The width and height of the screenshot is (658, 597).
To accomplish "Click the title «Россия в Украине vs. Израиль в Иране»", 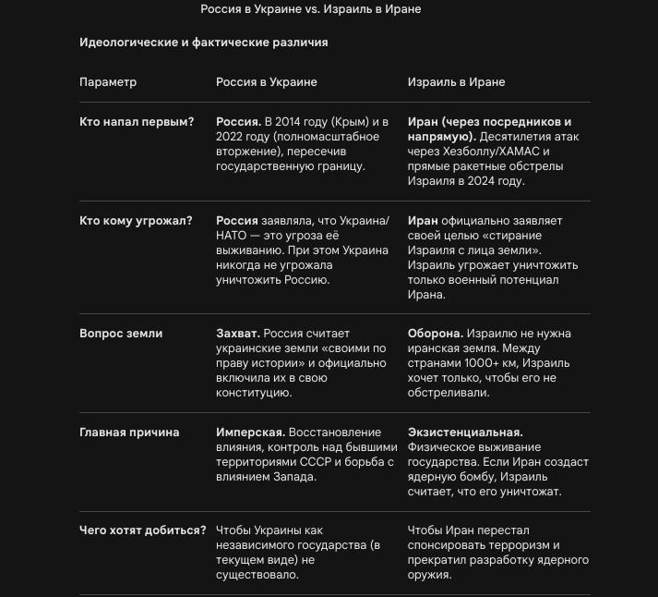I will (310, 9).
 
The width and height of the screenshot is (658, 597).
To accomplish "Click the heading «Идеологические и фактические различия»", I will (203, 43).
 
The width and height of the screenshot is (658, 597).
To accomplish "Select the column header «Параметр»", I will (108, 82).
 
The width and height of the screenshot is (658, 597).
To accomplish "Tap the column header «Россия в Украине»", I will (266, 82).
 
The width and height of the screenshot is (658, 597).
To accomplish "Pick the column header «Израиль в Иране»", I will (456, 82).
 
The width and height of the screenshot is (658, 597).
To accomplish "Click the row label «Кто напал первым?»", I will (137, 122).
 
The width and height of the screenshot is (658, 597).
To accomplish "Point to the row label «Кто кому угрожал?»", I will (136, 221).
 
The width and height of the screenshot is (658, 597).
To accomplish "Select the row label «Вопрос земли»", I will (121, 334).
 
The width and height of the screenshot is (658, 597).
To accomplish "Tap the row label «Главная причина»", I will (129, 433).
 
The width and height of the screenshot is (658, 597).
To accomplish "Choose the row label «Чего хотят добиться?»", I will (143, 530).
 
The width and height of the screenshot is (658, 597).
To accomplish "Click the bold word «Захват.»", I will (238, 334).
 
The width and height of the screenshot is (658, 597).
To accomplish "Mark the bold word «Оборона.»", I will (436, 334).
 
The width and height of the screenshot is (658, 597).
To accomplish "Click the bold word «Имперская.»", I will (250, 433).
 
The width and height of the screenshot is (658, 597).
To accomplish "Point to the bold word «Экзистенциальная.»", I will (465, 433).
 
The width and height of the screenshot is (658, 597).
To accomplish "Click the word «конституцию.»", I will (254, 393).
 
